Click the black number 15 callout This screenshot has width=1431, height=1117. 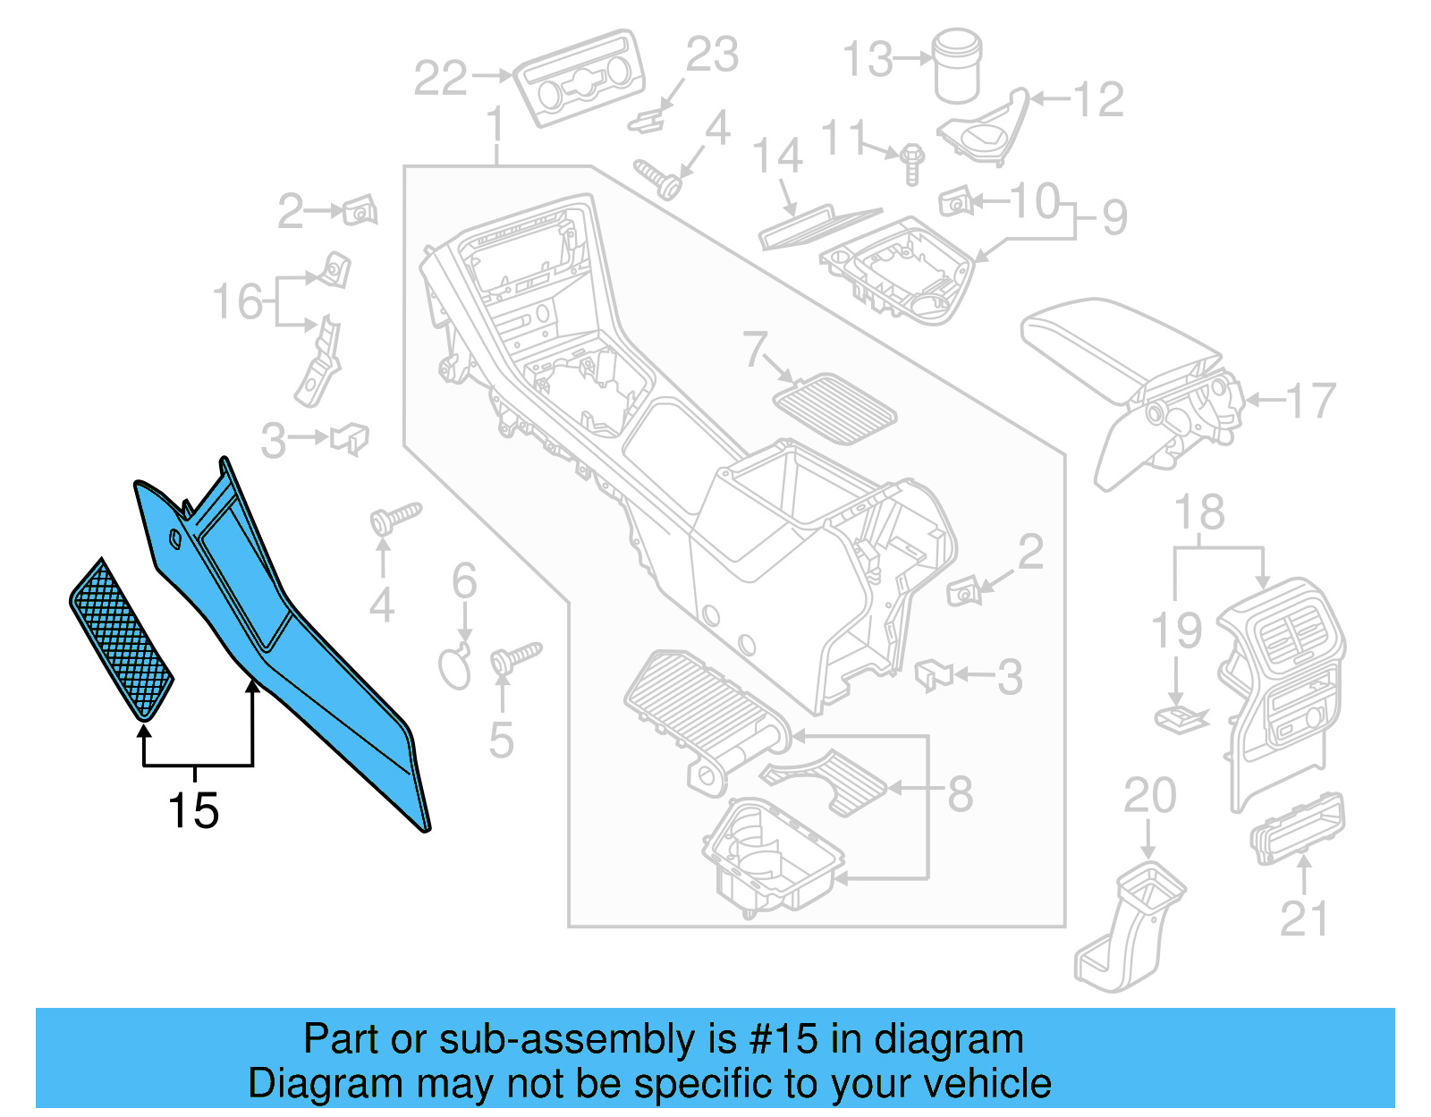[193, 810]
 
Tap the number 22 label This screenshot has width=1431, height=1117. [440, 78]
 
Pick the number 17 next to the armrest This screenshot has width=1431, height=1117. [1311, 401]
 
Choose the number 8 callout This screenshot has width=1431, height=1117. [960, 792]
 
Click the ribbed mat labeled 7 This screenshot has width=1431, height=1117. [834, 410]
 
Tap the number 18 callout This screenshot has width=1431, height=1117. [1198, 512]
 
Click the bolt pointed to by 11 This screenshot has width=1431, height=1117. [911, 164]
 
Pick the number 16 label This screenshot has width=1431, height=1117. [237, 301]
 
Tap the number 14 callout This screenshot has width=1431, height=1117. [777, 156]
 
